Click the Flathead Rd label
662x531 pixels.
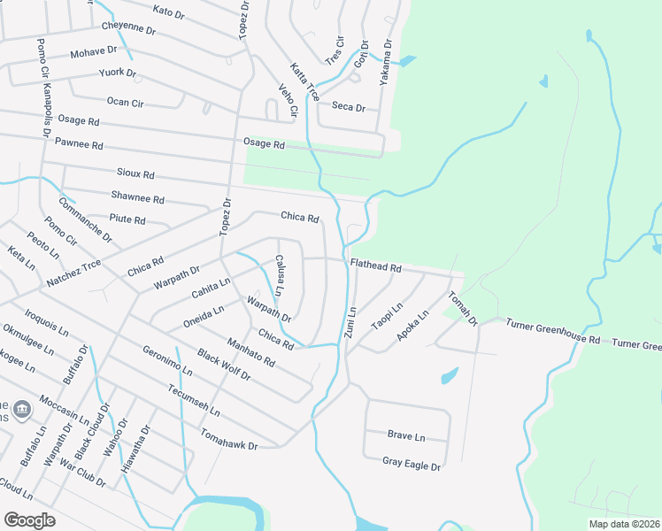tap(376, 265)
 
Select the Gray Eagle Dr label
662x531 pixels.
tap(411, 461)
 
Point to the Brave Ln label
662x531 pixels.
tap(406, 435)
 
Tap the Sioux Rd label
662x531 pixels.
tap(135, 174)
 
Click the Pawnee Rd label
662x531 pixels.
tap(79, 143)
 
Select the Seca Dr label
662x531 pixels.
tap(348, 106)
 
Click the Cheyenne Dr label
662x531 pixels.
tap(128, 27)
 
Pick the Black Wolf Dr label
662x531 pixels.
tap(224, 365)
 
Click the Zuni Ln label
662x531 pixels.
tap(350, 322)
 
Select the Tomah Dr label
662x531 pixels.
tap(463, 308)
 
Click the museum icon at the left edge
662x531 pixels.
tap(22, 409)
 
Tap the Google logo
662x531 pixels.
tap(29, 519)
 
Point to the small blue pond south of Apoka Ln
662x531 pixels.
tap(449, 375)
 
